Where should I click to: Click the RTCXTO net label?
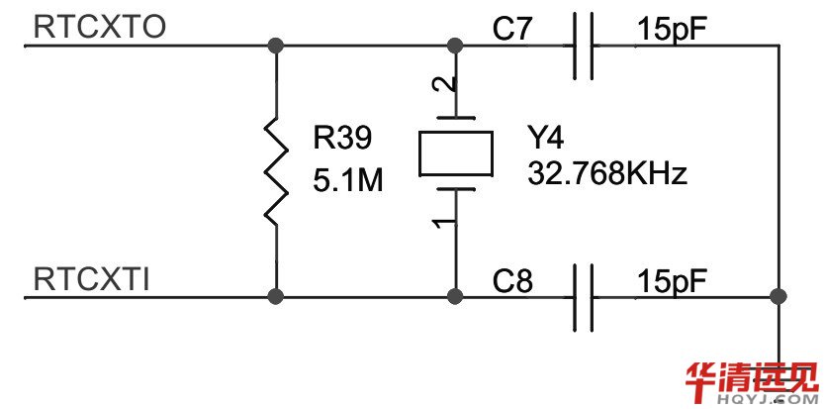(99, 28)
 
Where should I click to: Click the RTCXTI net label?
(92, 279)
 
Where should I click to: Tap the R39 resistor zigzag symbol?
(275, 169)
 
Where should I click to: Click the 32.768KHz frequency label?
(606, 175)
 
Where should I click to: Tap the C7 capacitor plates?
(584, 46)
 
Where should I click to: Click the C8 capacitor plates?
(584, 296)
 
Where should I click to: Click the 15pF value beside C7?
(673, 30)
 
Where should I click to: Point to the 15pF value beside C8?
(673, 281)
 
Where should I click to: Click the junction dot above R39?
(275, 46)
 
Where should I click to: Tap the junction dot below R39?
(275, 296)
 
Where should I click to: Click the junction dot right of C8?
(778, 296)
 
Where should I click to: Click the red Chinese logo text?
(753, 378)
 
